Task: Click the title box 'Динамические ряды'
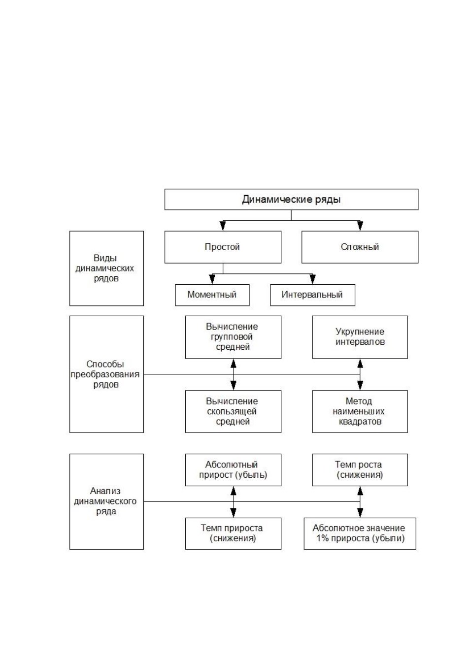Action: [x=291, y=199]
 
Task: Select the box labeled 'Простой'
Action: [x=223, y=247]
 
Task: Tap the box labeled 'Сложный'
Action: [x=360, y=247]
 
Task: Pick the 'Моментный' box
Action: [x=212, y=295]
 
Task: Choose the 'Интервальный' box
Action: [x=312, y=295]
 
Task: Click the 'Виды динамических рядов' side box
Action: [x=106, y=268]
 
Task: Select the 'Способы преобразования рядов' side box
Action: [x=106, y=374]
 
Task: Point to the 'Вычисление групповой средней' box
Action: [x=233, y=337]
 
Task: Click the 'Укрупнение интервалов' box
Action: [x=360, y=337]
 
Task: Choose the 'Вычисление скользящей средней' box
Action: [x=233, y=411]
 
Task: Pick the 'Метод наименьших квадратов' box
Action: [x=360, y=411]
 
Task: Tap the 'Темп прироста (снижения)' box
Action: [x=233, y=533]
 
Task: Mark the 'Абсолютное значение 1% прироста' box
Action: [x=360, y=533]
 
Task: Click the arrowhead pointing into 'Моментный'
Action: [x=212, y=280]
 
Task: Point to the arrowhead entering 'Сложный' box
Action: [x=360, y=226]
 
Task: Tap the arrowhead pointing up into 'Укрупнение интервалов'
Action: [x=360, y=364]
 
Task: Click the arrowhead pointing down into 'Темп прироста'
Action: [x=234, y=513]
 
